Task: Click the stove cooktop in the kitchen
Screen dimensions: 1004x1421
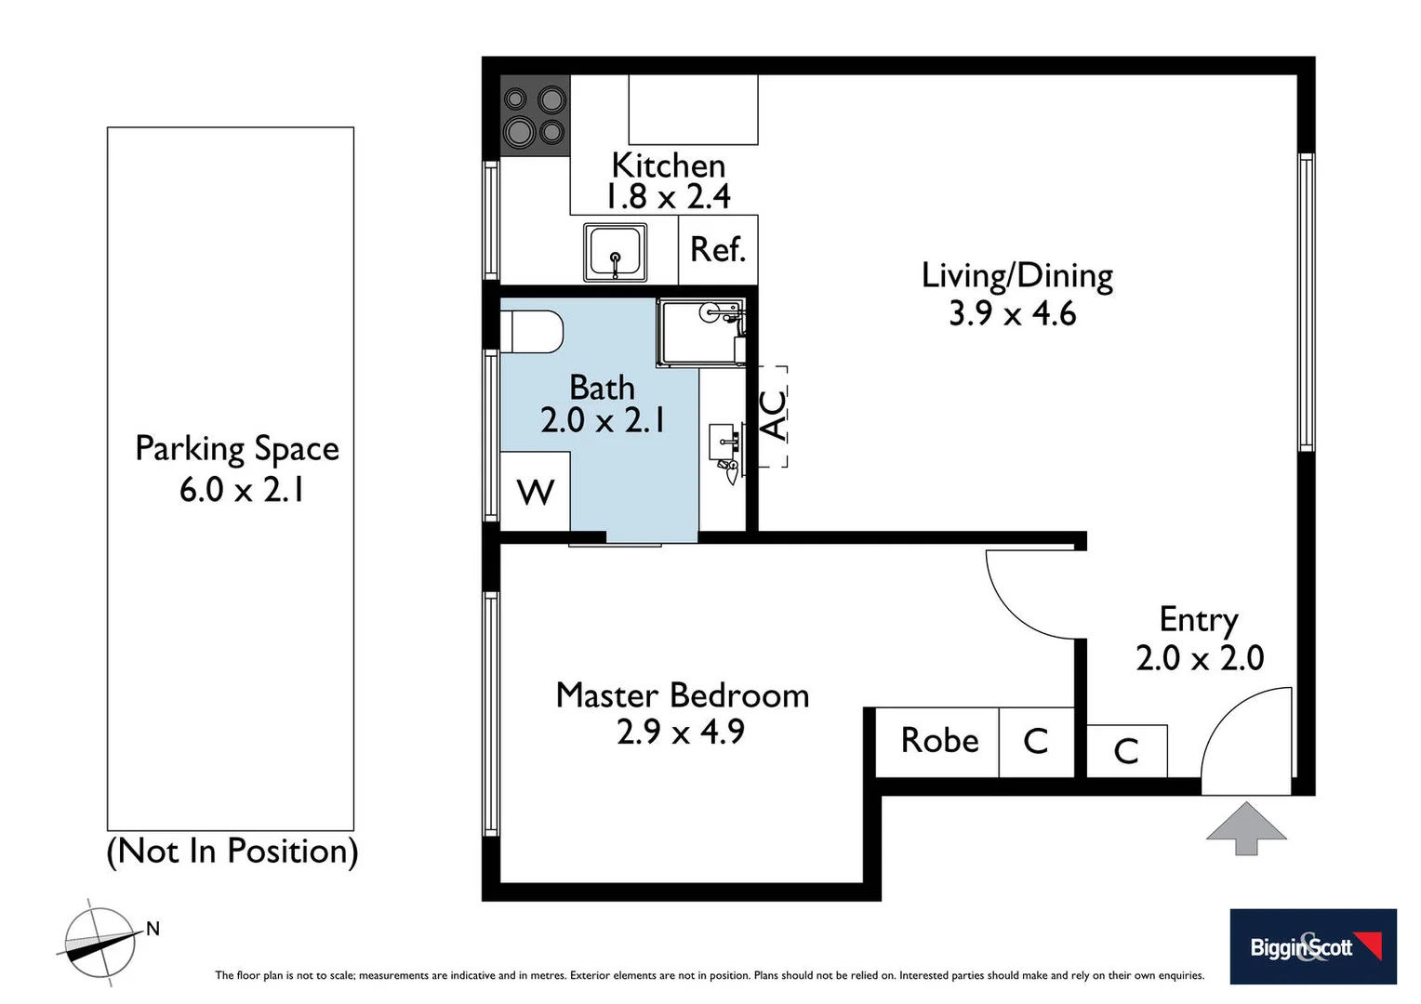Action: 535,115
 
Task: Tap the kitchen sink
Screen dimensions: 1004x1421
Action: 615,252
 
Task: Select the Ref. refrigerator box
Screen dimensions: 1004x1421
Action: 718,249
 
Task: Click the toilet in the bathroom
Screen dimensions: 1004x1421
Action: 532,332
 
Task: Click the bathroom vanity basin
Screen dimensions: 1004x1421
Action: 724,443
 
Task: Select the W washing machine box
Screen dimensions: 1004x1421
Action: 535,492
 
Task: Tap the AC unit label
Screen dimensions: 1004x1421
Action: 773,416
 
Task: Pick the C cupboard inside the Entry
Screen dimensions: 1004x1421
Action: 1126,750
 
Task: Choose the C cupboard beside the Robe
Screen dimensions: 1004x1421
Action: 1036,741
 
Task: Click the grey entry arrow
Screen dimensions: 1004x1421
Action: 1246,828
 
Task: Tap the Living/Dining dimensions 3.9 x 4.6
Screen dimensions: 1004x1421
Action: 1012,314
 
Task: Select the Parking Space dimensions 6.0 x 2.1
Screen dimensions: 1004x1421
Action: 242,490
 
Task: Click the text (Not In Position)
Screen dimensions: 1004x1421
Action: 232,851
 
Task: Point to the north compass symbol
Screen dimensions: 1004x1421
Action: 100,943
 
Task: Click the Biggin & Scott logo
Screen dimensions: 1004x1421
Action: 1312,946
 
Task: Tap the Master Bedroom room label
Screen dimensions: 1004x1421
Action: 682,695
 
